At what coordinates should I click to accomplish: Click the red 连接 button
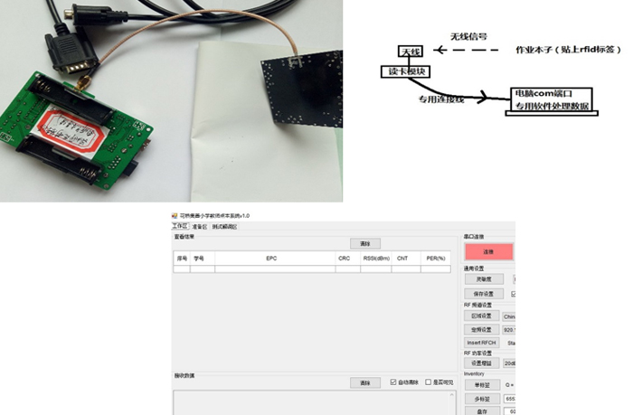487,252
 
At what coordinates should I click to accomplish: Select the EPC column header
271,259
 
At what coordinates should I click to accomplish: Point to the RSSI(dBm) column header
375,259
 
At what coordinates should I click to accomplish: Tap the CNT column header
402,259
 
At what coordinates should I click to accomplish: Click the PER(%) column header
436,259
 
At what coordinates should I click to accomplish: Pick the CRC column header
345,259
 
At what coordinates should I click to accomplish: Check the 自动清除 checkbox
393,382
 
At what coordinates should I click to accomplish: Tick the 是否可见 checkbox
429,382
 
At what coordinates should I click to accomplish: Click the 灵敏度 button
484,279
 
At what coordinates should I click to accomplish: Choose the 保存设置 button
484,294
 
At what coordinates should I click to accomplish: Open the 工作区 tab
179,226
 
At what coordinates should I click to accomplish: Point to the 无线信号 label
468,36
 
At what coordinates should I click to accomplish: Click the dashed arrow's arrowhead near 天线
427,50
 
